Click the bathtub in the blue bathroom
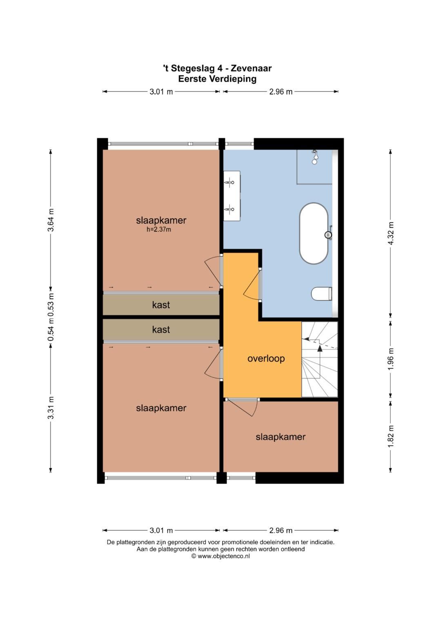pyautogui.click(x=314, y=233)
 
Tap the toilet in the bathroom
pyautogui.click(x=322, y=294)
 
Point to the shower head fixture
pyautogui.click(x=315, y=157)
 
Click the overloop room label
pyautogui.click(x=266, y=358)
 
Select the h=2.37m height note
pyautogui.click(x=159, y=230)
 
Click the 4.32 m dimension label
pyautogui.click(x=391, y=233)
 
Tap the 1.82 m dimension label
pyautogui.click(x=391, y=437)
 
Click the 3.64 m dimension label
pyautogui.click(x=51, y=220)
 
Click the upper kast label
pyautogui.click(x=161, y=305)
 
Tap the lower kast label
pyautogui.click(x=161, y=330)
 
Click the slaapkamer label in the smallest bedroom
pyautogui.click(x=281, y=437)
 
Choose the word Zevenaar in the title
pyautogui.click(x=251, y=68)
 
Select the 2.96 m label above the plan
pyautogui.click(x=281, y=92)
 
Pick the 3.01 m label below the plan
pyautogui.click(x=161, y=530)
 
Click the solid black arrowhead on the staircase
pyautogui.click(x=320, y=348)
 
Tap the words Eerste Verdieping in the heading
pyautogui.click(x=217, y=79)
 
